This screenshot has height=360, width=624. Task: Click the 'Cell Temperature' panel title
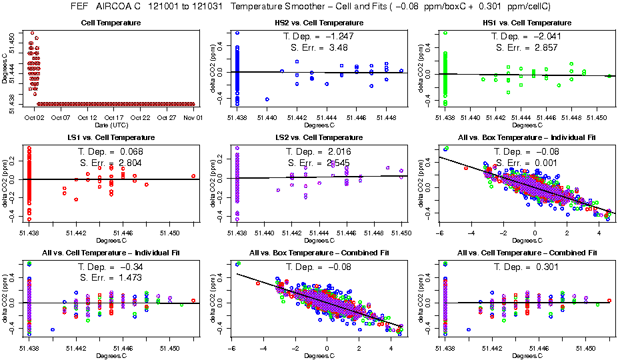coord(111,23)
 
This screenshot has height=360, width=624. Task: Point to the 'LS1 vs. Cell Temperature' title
coord(111,137)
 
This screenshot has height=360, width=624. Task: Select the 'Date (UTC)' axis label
coord(111,125)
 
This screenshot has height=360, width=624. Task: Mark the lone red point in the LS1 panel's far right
coord(193,176)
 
